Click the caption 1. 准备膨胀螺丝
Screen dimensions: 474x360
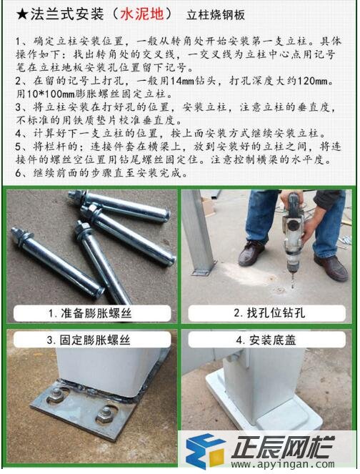coord(89,313)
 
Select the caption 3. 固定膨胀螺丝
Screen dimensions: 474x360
coord(89,339)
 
